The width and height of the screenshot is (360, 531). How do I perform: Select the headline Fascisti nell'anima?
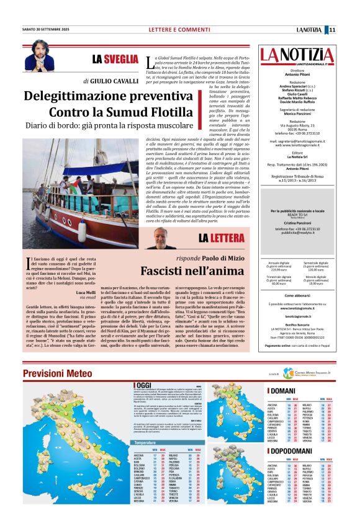pyautogui.click(x=184, y=271)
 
